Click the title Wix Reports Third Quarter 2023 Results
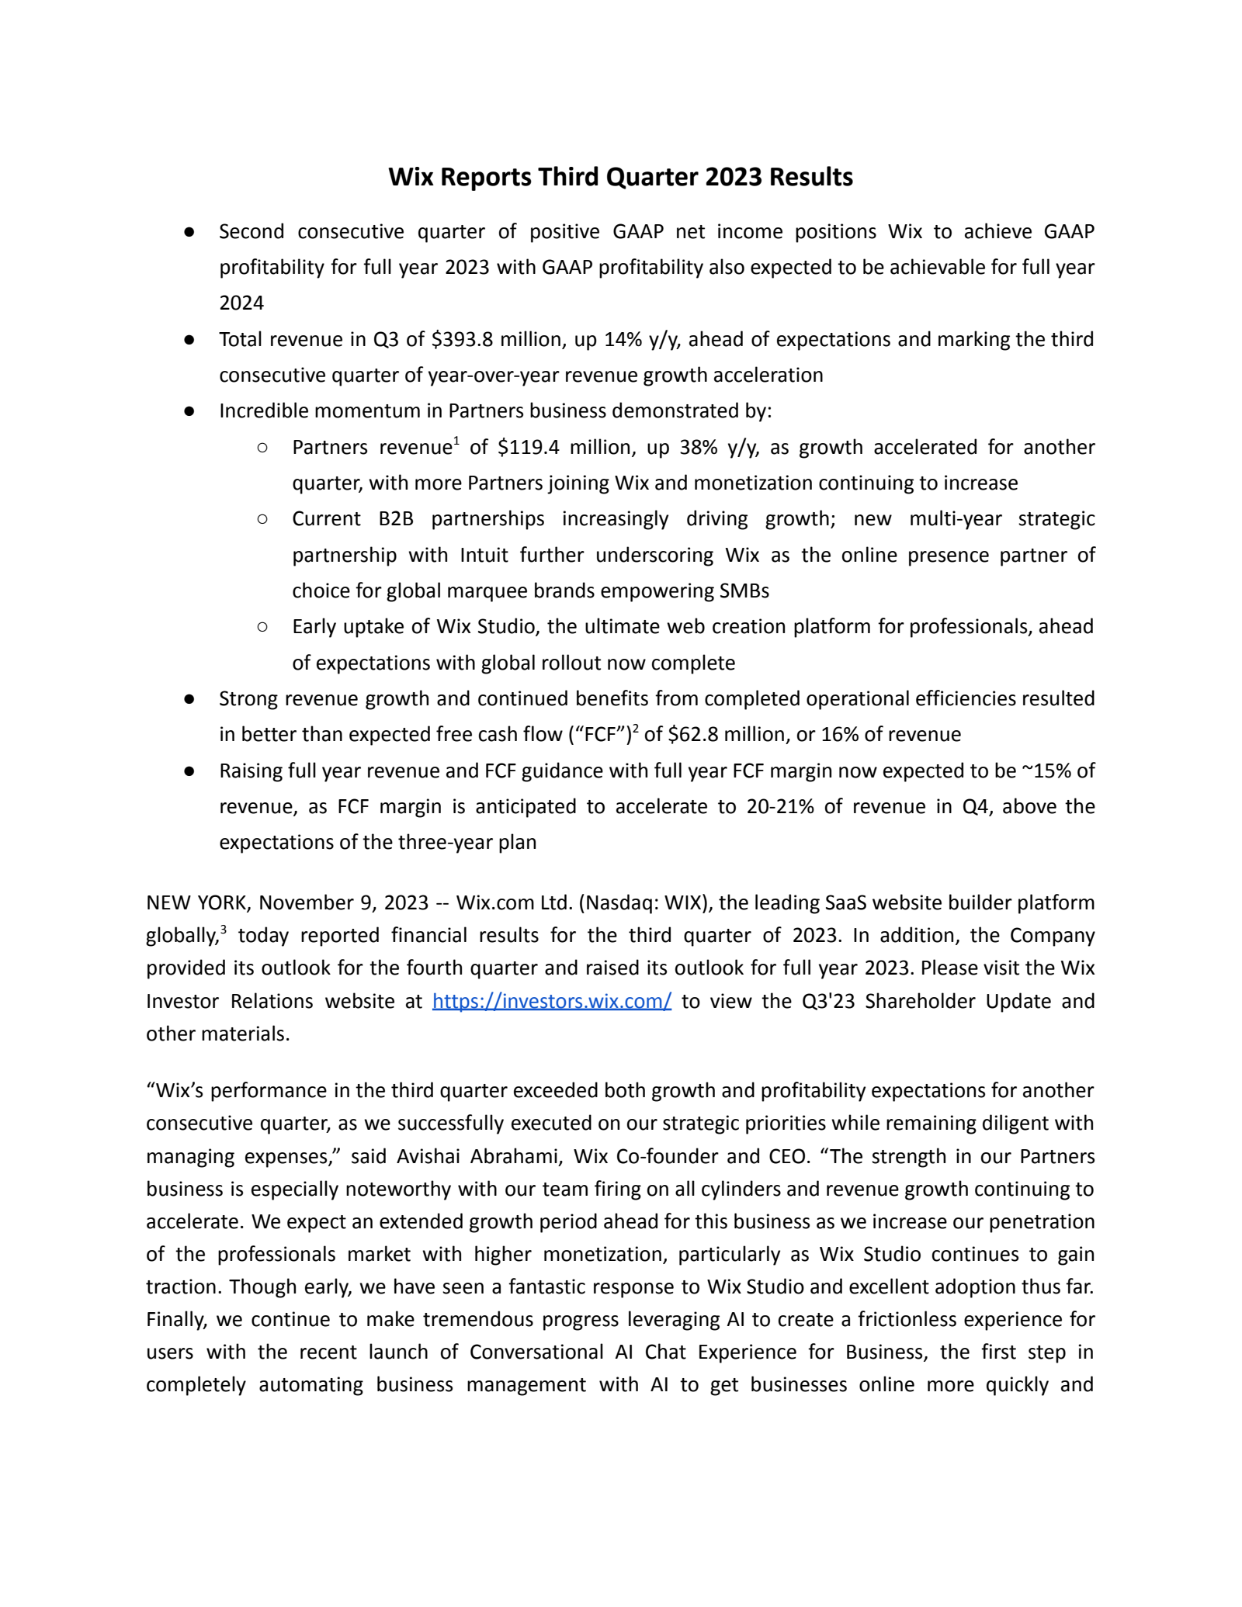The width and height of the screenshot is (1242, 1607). [x=620, y=177]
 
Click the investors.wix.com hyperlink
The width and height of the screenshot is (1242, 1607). [x=551, y=1001]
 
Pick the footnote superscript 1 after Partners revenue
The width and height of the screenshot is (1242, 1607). [x=456, y=442]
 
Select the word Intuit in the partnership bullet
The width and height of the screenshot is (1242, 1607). [x=481, y=555]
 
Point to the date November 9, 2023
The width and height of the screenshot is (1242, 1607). [x=344, y=902]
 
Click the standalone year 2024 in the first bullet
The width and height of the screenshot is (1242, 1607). [x=241, y=303]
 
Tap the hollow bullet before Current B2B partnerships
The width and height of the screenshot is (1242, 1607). [x=262, y=518]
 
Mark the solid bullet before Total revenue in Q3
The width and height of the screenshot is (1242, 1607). [x=189, y=340]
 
